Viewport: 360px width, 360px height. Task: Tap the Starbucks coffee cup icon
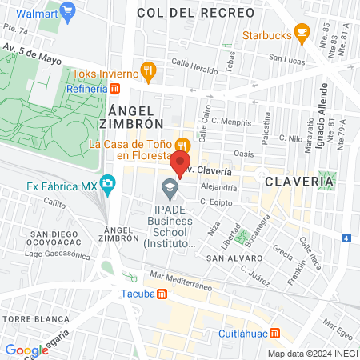(302, 31)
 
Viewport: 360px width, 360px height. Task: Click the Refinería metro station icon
(115, 88)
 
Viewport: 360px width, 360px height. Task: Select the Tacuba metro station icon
(162, 293)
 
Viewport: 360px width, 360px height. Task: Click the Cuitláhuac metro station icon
(275, 333)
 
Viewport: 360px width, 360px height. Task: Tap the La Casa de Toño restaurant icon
(183, 144)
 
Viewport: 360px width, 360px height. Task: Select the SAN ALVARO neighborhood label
(234, 258)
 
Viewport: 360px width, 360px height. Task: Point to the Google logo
(26, 350)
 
